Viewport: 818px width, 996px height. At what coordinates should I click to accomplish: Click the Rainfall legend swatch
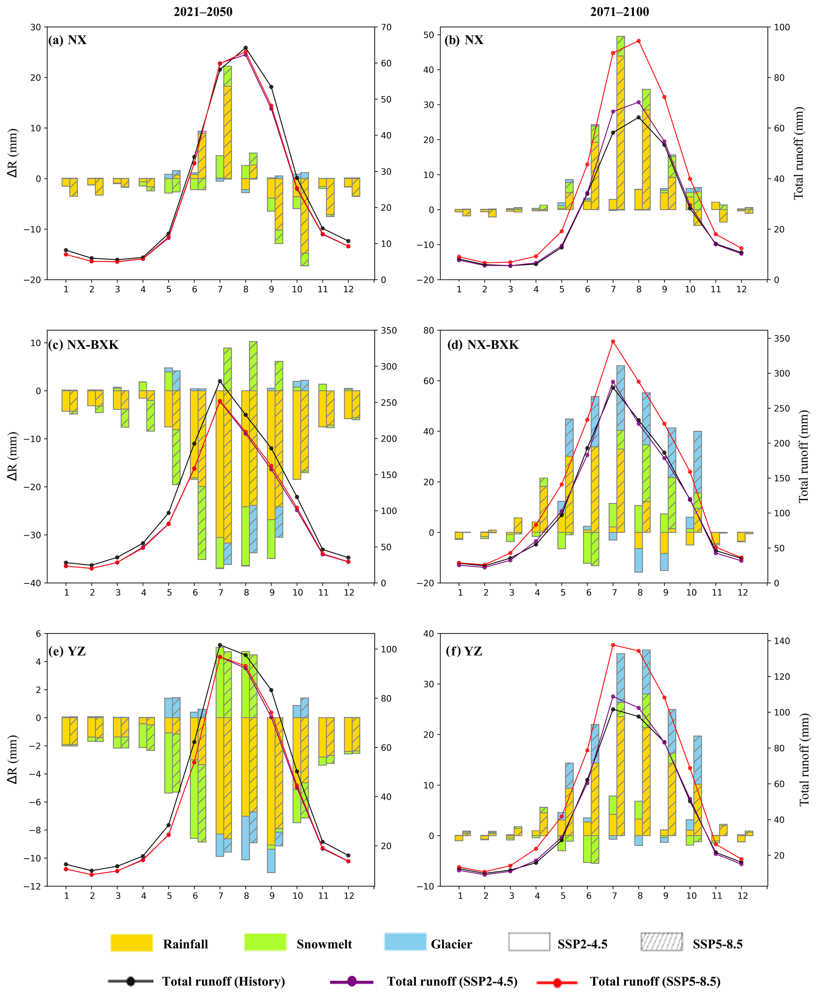131,942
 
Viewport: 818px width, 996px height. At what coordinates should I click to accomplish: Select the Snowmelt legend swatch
265,942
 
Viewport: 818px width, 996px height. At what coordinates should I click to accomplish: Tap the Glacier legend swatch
405,942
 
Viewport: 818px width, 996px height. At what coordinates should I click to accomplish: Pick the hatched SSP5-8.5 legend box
661,942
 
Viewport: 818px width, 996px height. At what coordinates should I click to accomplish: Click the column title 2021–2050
203,12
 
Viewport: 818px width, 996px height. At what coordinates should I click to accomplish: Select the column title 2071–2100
620,12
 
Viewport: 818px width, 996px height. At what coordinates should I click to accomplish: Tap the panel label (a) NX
67,40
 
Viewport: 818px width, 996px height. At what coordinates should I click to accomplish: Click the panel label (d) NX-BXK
482,345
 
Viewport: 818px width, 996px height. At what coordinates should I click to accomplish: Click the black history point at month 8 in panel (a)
245,48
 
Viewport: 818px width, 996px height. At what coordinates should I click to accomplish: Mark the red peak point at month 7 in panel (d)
613,341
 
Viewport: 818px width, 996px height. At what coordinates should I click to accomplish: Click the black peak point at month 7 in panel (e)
220,645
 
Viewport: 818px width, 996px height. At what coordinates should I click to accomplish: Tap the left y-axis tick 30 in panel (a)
36,27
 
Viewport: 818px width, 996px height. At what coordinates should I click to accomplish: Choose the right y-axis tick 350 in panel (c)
388,331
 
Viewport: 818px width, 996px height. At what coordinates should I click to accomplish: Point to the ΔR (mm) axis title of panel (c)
13,456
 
